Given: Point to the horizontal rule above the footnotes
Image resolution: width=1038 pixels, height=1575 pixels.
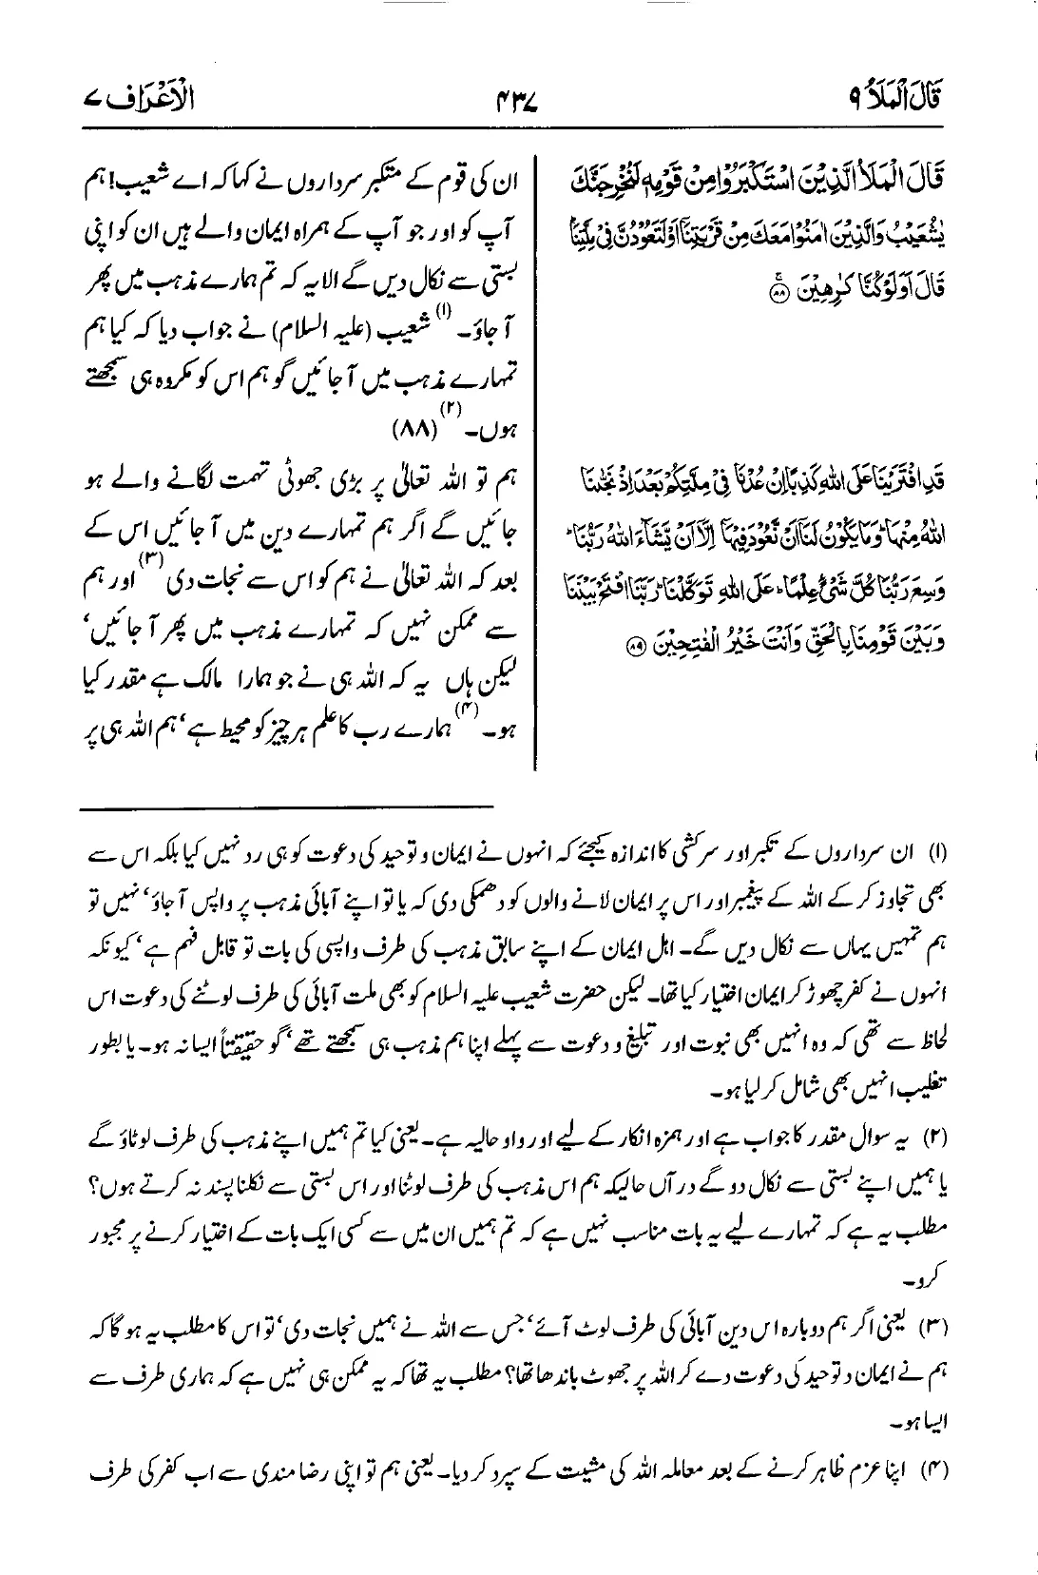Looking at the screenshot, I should [287, 807].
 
